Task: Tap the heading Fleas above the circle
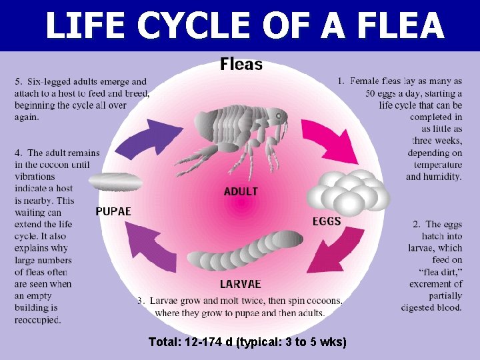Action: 241,65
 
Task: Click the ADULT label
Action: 241,191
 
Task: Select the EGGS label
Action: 327,221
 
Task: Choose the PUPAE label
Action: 113,211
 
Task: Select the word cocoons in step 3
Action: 323,301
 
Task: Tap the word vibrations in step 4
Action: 35,177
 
